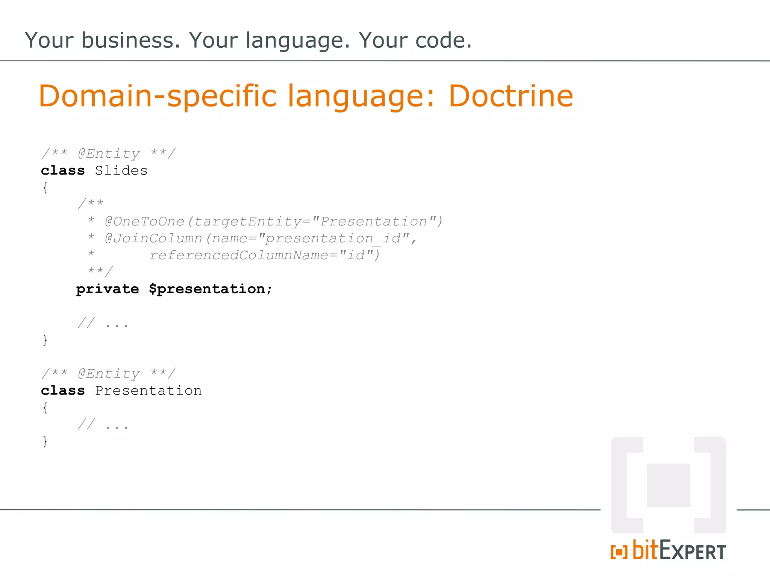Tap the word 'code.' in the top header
tap(443, 40)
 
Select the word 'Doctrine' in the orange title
tap(511, 96)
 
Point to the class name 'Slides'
tap(121, 170)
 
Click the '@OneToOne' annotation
tap(145, 221)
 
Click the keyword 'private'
tap(108, 289)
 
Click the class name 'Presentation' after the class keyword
tap(148, 391)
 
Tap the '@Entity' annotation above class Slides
tap(109, 154)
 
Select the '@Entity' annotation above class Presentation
tap(109, 374)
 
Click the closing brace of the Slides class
tap(45, 340)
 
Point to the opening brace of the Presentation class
tap(45, 408)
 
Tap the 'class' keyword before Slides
tap(63, 170)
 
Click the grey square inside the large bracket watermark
tap(668, 485)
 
